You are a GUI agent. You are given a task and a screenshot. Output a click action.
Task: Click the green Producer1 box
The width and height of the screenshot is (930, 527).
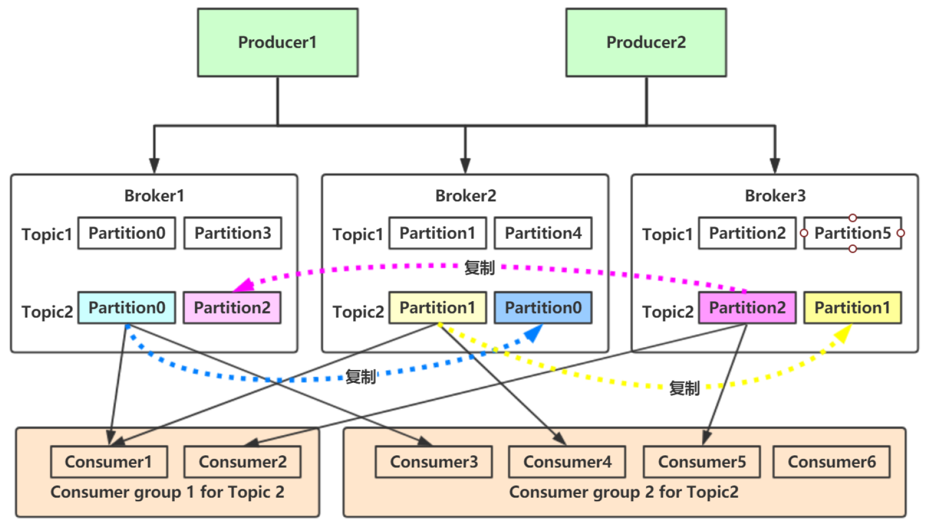[x=277, y=42]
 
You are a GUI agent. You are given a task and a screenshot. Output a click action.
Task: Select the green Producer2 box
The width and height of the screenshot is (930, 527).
[x=646, y=42]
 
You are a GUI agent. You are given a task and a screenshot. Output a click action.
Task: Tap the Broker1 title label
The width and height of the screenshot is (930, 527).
[x=154, y=196]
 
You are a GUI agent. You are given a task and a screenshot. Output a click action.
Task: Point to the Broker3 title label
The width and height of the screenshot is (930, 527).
[x=775, y=196]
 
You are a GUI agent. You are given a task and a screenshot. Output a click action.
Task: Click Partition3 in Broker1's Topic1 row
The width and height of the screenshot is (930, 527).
[x=232, y=234]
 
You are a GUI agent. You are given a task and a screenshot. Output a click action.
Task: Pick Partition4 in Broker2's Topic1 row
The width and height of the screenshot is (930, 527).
[x=543, y=234]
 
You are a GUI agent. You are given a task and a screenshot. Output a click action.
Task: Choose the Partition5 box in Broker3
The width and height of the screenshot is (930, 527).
[x=852, y=234]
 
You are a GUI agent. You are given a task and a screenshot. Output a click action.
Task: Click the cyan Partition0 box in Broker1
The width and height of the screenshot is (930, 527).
[x=127, y=308]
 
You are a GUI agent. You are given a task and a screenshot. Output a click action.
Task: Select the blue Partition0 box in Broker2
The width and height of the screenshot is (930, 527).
[x=543, y=308]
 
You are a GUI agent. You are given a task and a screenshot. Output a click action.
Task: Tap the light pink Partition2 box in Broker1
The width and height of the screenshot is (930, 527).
[x=232, y=308]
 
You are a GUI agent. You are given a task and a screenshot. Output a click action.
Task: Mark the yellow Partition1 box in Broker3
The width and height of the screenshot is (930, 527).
[x=852, y=308]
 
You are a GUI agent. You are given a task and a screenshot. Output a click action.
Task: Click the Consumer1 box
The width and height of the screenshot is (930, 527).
[x=109, y=462]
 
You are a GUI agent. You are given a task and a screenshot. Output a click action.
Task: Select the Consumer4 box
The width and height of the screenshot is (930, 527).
[x=567, y=462]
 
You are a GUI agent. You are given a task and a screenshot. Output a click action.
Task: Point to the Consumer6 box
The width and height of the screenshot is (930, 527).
[x=831, y=462]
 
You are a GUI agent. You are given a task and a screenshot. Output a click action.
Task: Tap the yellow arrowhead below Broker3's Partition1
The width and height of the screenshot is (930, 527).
[x=843, y=333]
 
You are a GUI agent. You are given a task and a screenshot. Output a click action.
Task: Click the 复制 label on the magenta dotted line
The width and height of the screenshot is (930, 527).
[x=479, y=268]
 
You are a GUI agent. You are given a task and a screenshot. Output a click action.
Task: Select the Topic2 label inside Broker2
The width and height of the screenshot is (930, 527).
[x=358, y=312]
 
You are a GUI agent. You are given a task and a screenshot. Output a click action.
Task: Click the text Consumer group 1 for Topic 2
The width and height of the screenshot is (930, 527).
[x=167, y=492]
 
